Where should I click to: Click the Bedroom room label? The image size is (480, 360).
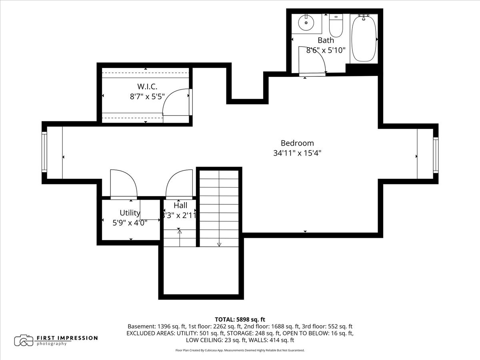tap(297, 143)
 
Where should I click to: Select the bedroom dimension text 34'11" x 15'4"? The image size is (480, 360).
tap(297, 153)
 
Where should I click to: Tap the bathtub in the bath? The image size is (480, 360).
tap(364, 38)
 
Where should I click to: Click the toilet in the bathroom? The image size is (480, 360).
tap(336, 25)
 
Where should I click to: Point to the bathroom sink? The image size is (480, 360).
tap(307, 23)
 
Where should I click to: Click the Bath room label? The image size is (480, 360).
tap(326, 40)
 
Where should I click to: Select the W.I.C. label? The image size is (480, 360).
tap(147, 86)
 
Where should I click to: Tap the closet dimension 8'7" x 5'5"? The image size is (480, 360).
tap(147, 96)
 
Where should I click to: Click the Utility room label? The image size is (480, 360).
tap(130, 212)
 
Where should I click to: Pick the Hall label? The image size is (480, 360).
tap(180, 206)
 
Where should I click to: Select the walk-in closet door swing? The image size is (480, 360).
tap(176, 103)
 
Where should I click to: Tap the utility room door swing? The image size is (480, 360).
tap(124, 184)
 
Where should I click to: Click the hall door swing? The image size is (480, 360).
tap(180, 184)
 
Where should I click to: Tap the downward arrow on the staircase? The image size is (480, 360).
tap(219, 244)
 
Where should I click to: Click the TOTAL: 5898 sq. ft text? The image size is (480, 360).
tap(240, 319)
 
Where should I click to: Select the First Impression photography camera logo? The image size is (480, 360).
tap(24, 340)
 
